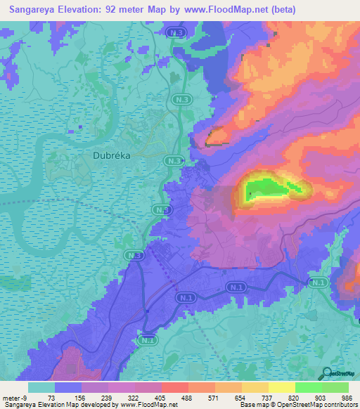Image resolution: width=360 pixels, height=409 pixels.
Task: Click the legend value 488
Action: [187, 398]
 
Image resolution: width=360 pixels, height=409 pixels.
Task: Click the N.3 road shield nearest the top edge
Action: [176, 33]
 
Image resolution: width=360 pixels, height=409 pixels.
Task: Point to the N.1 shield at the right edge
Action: [319, 283]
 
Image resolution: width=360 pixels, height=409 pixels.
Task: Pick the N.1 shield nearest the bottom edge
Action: [147, 341]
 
